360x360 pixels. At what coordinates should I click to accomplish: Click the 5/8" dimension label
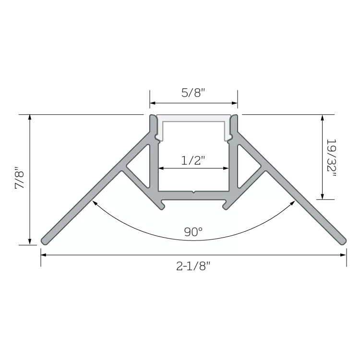193,93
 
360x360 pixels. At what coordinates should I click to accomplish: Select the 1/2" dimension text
193,160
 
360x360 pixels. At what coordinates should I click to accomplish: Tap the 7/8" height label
20,178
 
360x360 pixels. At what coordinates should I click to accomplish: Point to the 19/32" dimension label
331,158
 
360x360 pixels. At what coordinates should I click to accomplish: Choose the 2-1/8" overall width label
193,266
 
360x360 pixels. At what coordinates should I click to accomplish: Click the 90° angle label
193,232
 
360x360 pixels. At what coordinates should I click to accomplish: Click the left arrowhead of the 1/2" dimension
161,168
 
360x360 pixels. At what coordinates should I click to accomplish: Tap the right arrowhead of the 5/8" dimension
235,103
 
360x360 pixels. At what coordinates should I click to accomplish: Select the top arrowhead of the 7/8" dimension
30,117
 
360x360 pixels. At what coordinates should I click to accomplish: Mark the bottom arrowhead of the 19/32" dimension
323,196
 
